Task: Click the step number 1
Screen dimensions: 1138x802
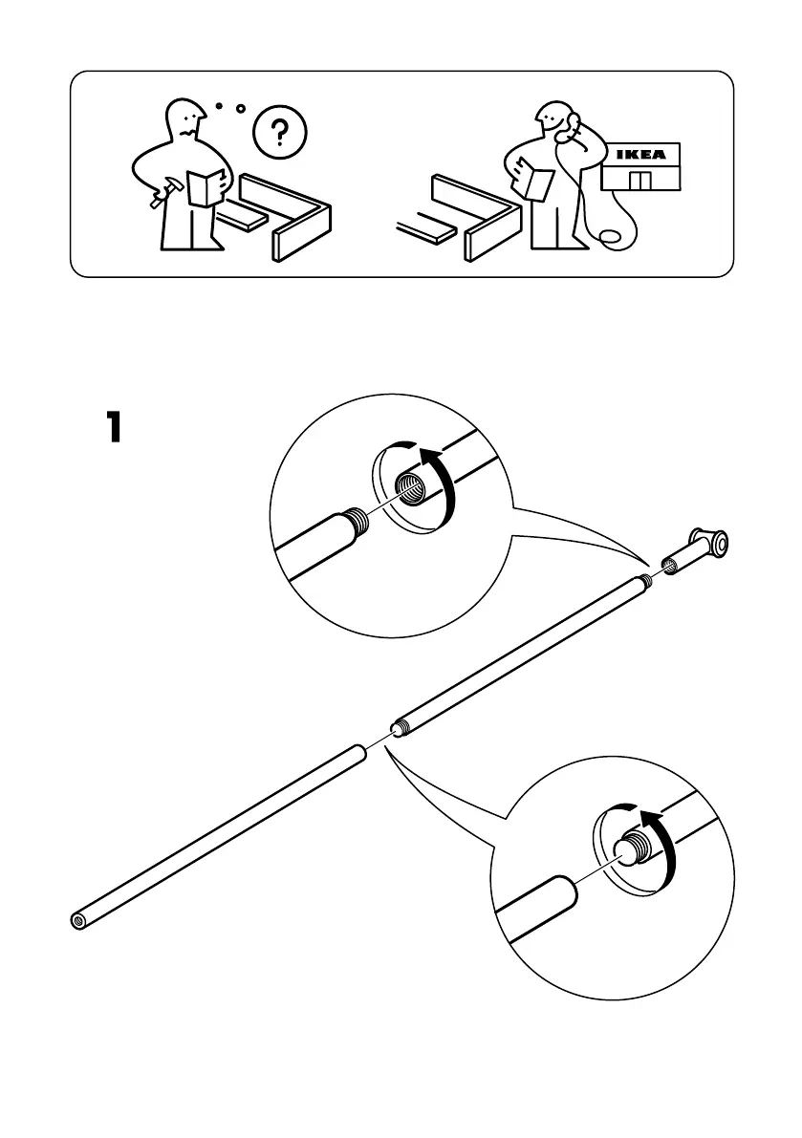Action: (114, 427)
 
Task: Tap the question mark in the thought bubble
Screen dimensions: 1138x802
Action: (278, 131)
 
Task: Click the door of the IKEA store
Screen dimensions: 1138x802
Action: (639, 181)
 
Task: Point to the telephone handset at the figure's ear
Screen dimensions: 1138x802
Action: (574, 125)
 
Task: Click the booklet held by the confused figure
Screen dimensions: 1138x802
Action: (206, 185)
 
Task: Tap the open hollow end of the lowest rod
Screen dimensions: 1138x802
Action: (78, 921)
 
